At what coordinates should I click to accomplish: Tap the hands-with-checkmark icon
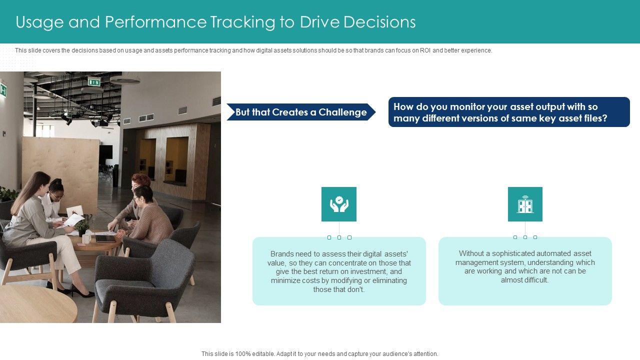(339, 204)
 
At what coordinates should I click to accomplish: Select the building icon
(525, 204)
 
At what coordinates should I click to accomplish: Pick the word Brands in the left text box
(281, 253)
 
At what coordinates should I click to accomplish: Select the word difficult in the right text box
(536, 280)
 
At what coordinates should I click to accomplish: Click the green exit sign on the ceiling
(94, 82)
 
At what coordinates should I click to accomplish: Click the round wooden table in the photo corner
(35, 305)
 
